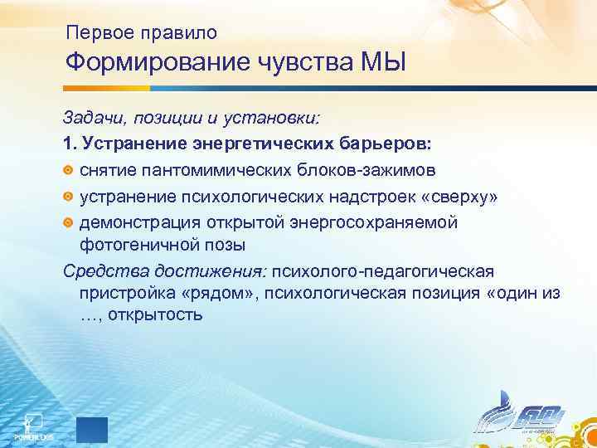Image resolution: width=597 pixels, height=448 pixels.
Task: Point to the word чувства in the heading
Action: point(314,63)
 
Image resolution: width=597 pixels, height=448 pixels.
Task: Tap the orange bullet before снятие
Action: point(69,169)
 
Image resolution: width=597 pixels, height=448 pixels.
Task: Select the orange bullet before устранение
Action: point(69,197)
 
